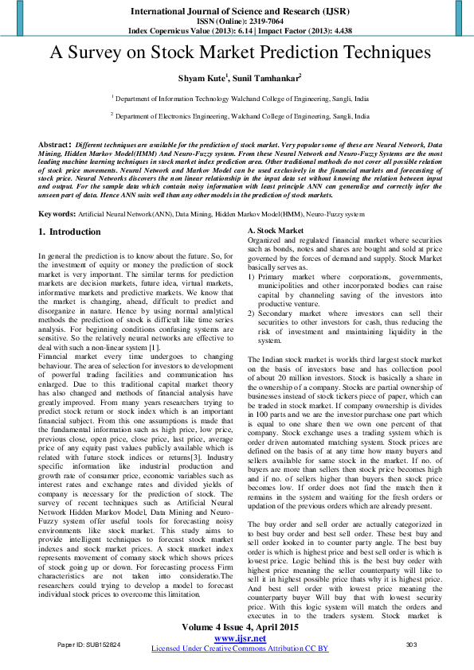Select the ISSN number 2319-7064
click(x=259, y=22)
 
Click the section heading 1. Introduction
click(x=70, y=232)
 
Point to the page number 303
click(x=411, y=645)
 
